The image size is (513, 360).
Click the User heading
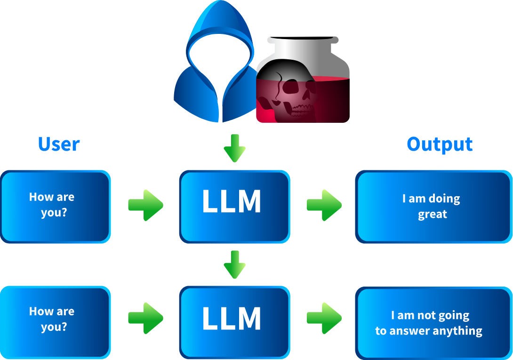tap(59, 144)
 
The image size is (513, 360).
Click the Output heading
tap(440, 144)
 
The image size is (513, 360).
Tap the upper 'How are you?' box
tap(55, 206)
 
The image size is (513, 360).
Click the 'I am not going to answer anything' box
tap(433, 323)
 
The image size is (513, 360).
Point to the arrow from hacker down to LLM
tap(234, 149)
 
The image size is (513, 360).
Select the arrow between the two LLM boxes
tap(234, 264)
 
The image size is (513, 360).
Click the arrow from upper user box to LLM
tap(145, 205)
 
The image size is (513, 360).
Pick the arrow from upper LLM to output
tap(324, 205)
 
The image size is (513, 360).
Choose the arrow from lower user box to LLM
tap(145, 318)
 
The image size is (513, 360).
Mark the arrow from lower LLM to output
tap(324, 318)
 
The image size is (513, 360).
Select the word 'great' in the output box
tap(433, 215)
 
